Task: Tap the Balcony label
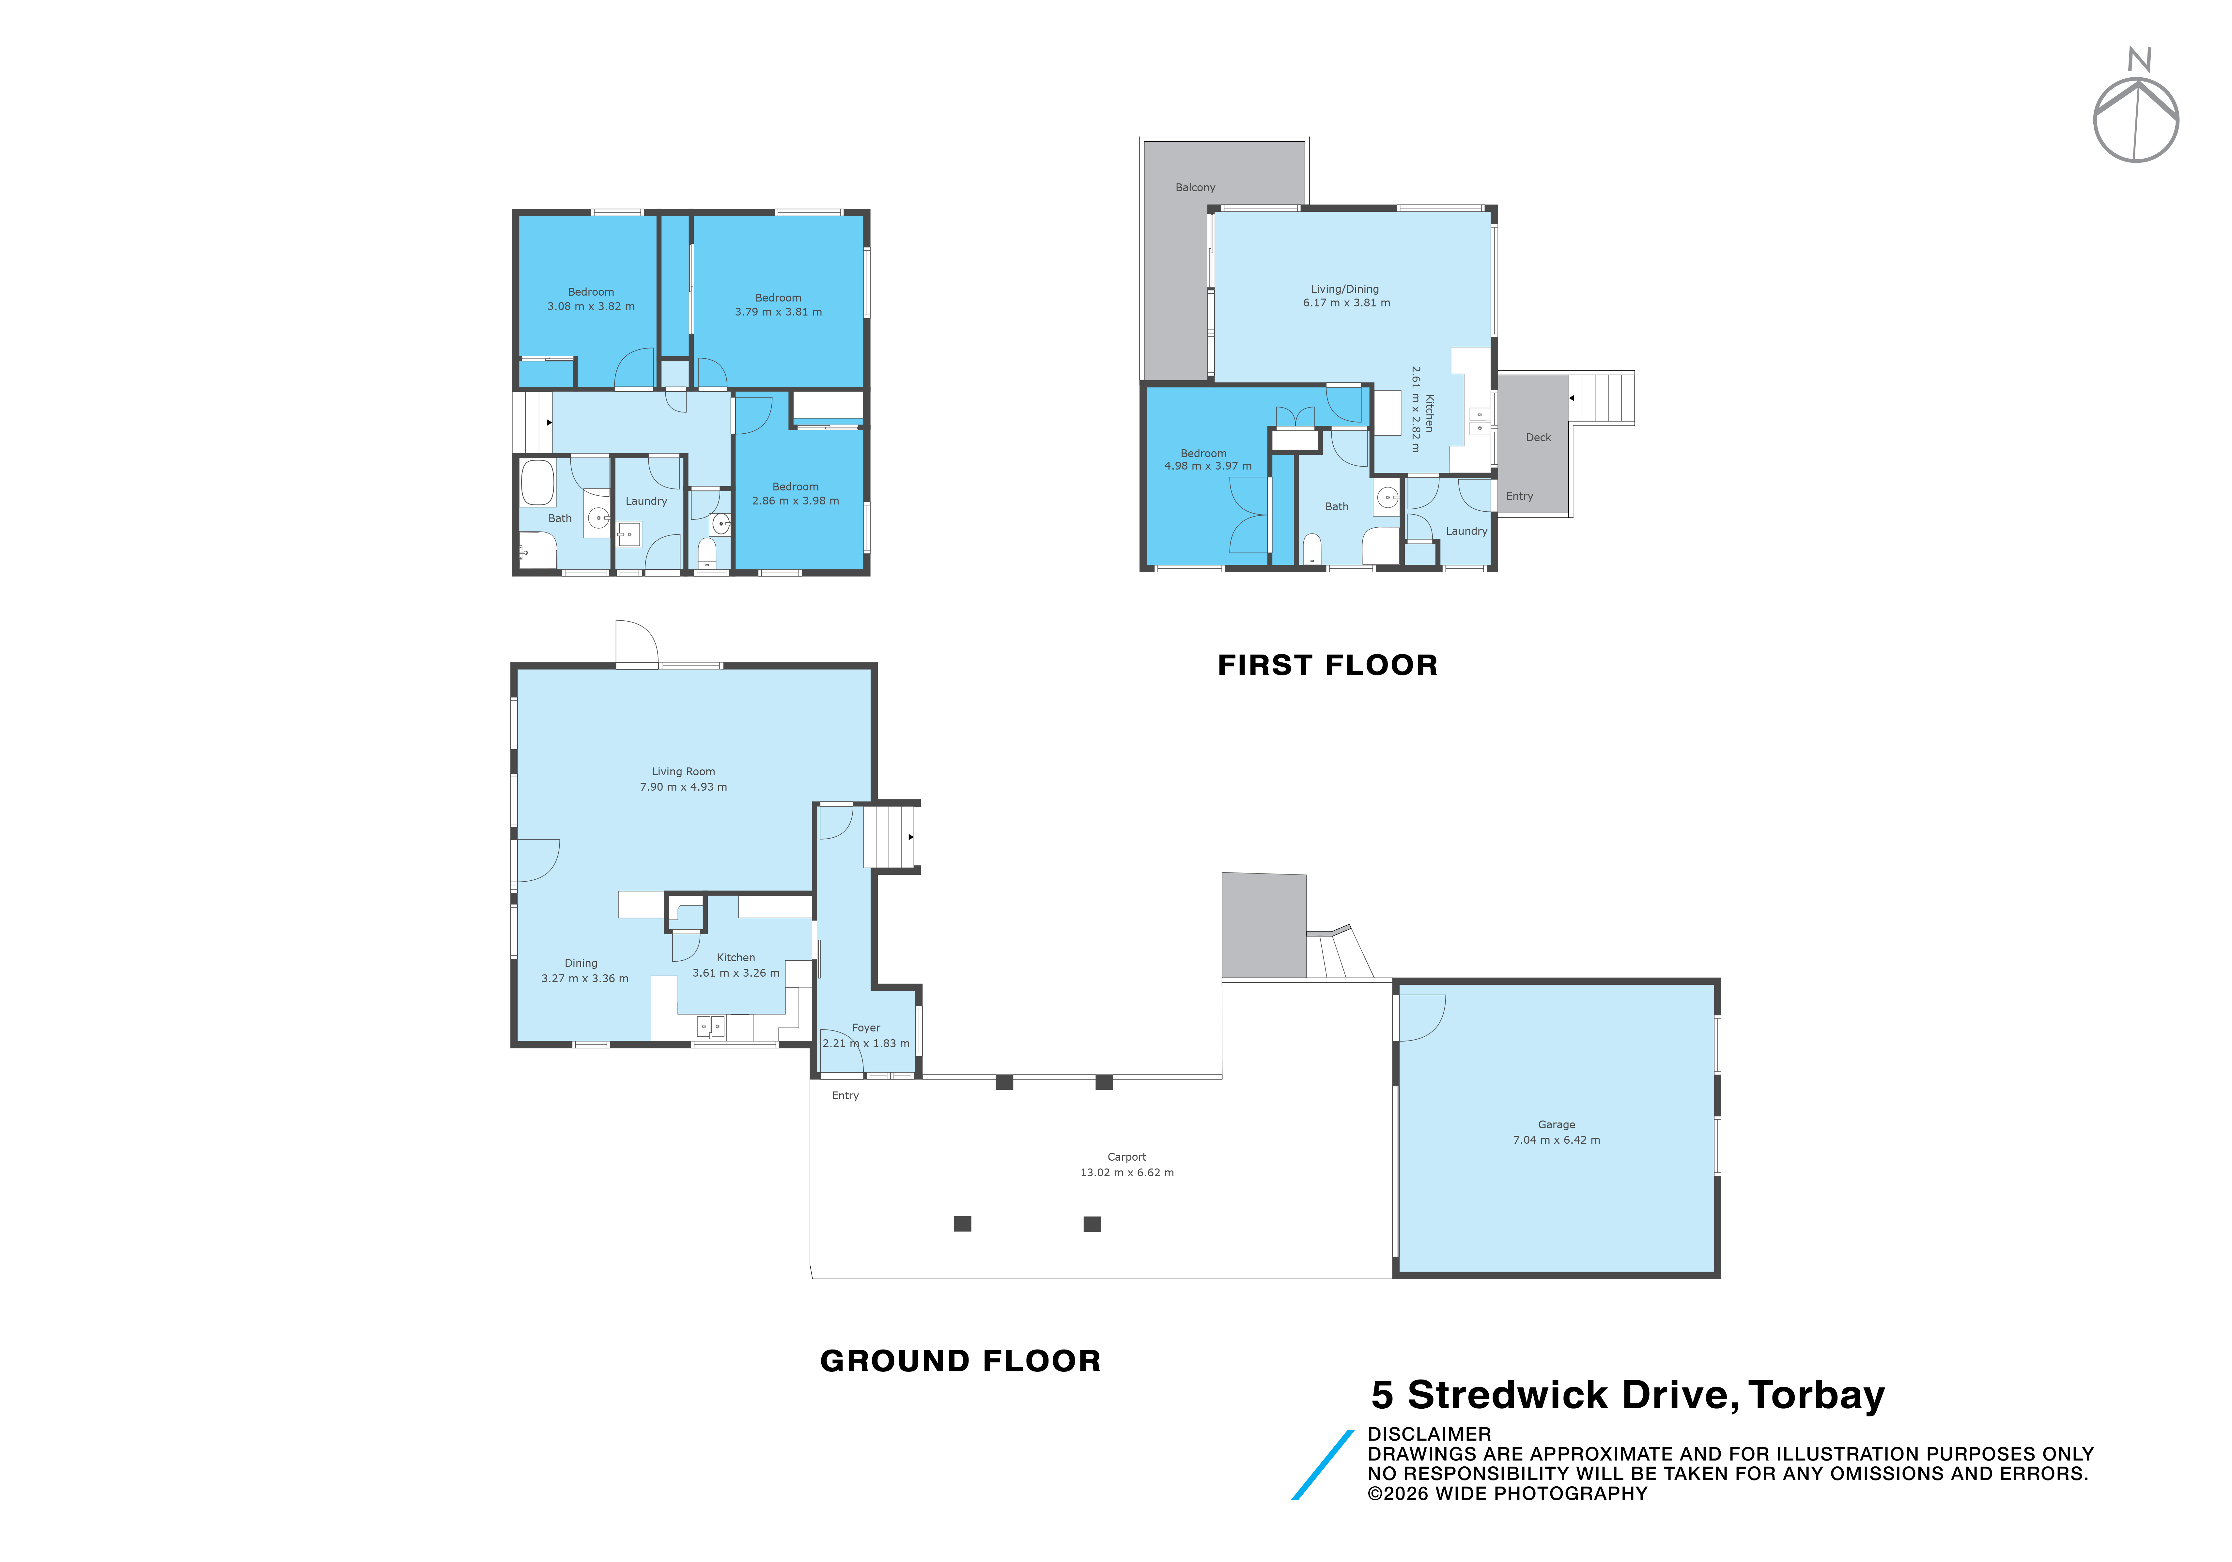point(1195,188)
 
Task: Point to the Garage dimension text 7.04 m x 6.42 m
point(1557,1140)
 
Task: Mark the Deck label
point(1538,437)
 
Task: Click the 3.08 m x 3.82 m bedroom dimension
point(591,306)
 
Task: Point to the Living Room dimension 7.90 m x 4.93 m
point(683,787)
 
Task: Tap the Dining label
point(581,963)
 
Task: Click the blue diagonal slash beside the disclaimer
point(1322,1465)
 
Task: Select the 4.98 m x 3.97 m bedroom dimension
point(1208,467)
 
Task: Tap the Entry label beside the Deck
point(1519,497)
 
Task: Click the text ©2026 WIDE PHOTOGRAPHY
point(1508,1494)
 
